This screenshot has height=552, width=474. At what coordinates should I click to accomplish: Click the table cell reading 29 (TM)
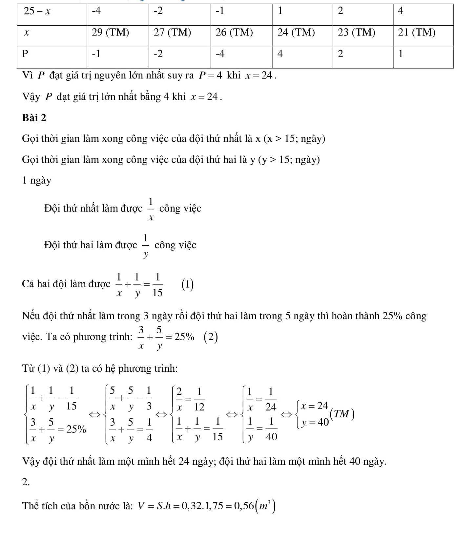(x=110, y=33)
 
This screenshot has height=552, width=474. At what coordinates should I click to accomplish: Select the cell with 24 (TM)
(x=296, y=33)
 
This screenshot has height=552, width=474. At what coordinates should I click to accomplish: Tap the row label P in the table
(x=25, y=54)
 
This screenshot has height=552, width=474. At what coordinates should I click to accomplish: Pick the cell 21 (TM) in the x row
(x=417, y=33)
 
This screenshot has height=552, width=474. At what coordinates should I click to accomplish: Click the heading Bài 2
(x=34, y=118)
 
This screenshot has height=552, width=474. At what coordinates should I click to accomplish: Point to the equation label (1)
(x=187, y=284)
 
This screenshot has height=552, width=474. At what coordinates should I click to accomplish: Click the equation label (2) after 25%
(x=211, y=337)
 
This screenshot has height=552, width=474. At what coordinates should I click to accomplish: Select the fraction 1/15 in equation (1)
(x=157, y=285)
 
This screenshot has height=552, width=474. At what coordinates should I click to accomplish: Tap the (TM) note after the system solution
(x=343, y=414)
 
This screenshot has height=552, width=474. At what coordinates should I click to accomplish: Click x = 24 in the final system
(x=315, y=406)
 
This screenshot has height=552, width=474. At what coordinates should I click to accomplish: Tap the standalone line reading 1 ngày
(x=37, y=181)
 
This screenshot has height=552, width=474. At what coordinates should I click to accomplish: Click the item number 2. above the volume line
(x=26, y=482)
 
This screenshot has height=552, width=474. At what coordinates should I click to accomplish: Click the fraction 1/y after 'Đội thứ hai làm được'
(x=146, y=246)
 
